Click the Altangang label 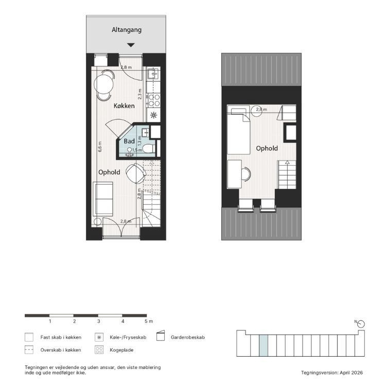click(127, 30)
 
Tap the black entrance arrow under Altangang click(131, 45)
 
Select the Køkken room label click(124, 106)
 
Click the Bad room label click(129, 141)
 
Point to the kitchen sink click(153, 74)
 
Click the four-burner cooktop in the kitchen click(154, 100)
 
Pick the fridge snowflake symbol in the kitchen click(153, 115)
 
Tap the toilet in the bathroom click(148, 149)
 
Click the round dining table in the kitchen click(103, 83)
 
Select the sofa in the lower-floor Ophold click(103, 199)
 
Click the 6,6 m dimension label click(100, 147)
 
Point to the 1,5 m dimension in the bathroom click(137, 150)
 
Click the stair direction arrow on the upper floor click(287, 163)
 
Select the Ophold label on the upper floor click(267, 148)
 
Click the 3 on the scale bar click(98, 321)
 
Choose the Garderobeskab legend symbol click(161, 336)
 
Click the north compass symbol click(361, 324)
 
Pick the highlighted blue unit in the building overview click(264, 345)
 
